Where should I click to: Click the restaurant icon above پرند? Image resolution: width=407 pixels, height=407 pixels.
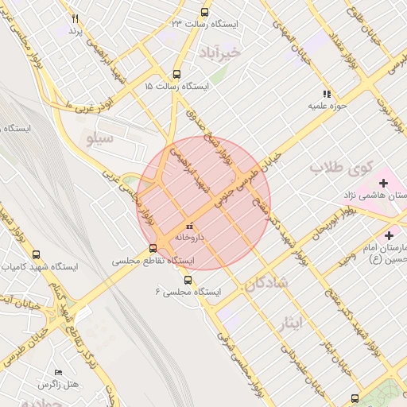pos(76,18)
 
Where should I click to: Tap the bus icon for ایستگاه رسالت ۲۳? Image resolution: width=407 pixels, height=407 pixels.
pos(205,12)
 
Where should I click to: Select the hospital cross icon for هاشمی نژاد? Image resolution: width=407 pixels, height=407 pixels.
pos(383,184)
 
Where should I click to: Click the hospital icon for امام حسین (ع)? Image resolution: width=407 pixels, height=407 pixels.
pos(389,235)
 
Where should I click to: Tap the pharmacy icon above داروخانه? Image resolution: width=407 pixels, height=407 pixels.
pos(188,226)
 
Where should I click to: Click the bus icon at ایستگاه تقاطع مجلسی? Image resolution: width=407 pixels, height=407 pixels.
pos(153,248)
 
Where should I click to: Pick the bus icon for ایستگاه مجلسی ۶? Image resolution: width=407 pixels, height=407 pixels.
pos(188,280)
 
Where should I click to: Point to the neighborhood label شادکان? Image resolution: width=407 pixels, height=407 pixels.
pos(267,282)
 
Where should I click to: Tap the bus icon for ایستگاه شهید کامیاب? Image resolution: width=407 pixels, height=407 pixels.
pos(36,254)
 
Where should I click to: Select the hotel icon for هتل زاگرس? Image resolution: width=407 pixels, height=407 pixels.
pos(57,372)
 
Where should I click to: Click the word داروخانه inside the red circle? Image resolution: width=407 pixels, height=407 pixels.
pos(190,237)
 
